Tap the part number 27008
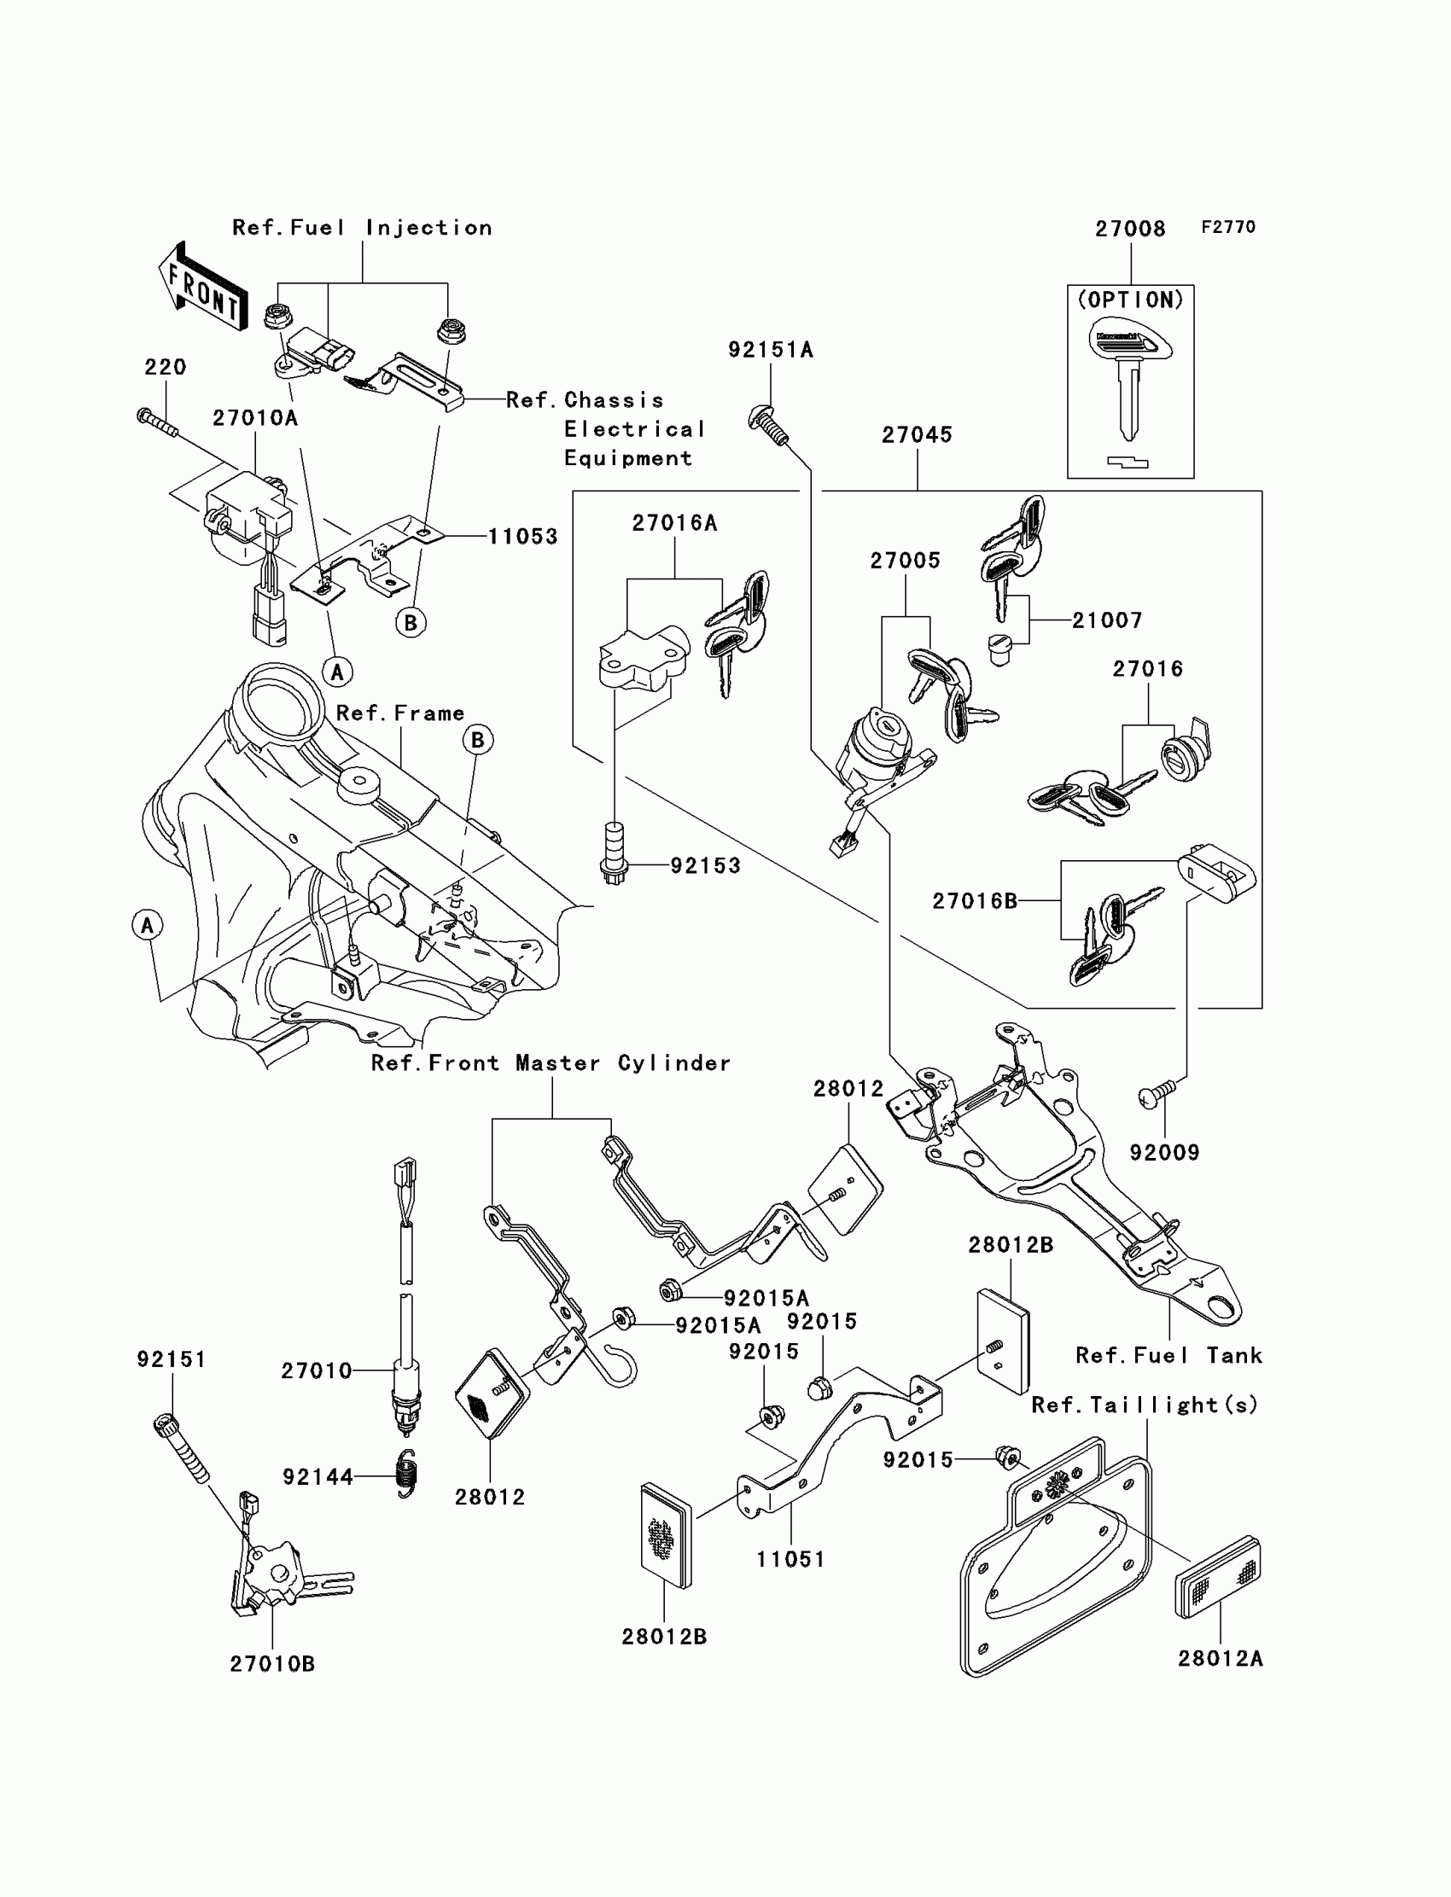coord(1130,229)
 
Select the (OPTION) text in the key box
coord(1131,300)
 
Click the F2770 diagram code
coord(1228,227)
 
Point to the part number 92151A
coord(771,350)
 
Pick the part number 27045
coord(917,435)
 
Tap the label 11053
coord(522,536)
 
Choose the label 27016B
coord(974,901)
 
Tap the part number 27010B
coord(272,1664)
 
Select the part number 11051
coord(790,1559)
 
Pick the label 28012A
coord(1220,1659)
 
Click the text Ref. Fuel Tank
coord(1168,1356)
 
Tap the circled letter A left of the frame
coord(147,925)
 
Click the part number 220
coord(165,367)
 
